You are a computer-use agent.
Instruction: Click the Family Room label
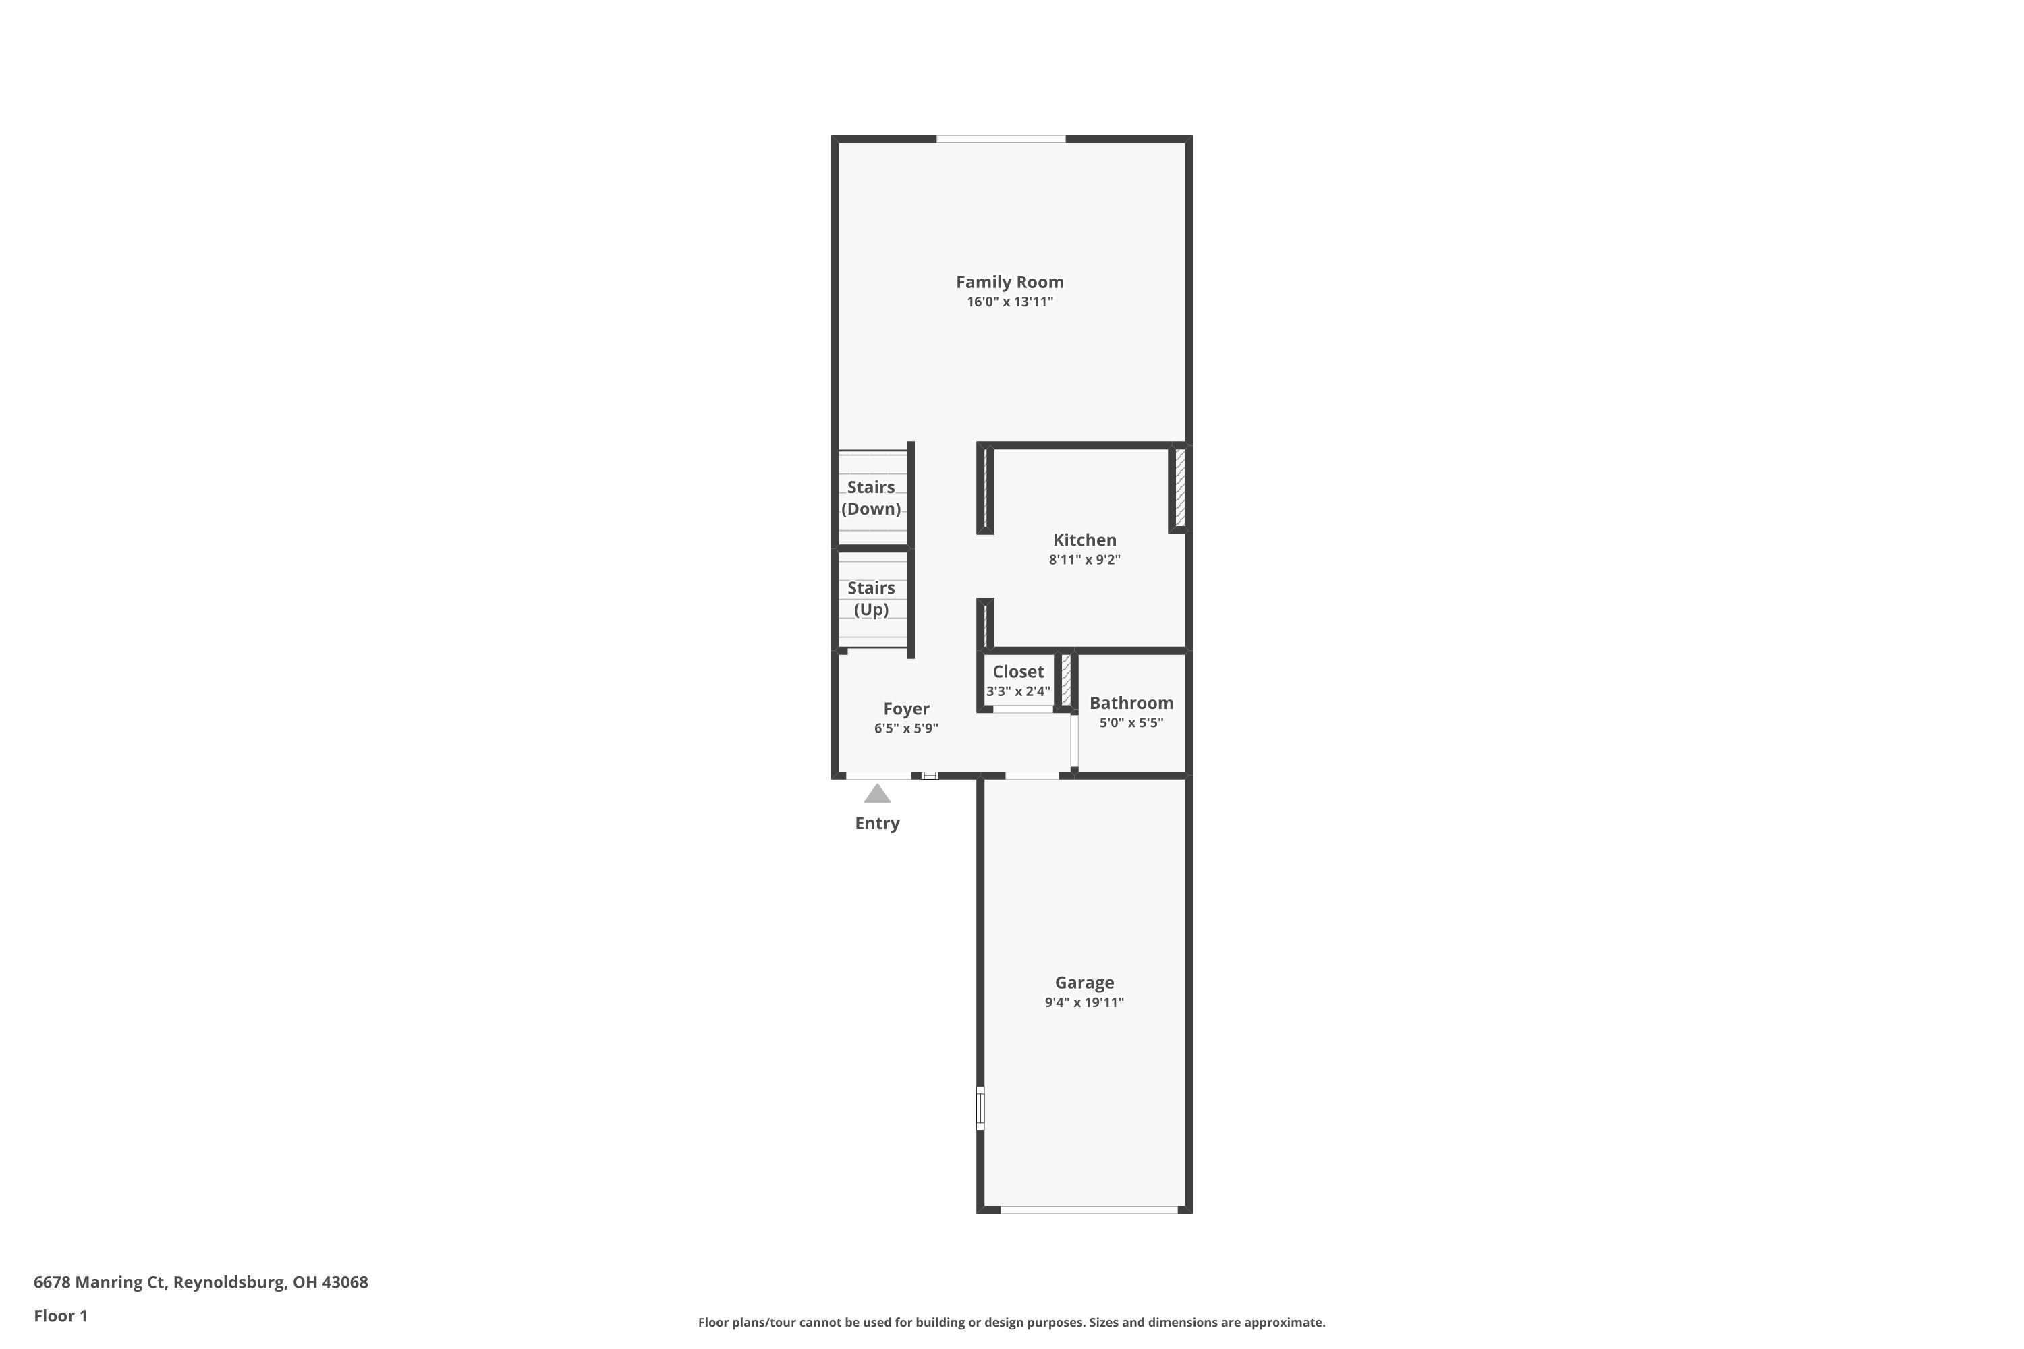click(x=1009, y=282)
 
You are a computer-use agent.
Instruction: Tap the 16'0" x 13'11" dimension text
click(x=1009, y=302)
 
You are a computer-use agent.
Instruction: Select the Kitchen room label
click(x=1084, y=540)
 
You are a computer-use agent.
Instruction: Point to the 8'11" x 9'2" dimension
click(x=1084, y=560)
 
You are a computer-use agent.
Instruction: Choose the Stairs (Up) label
click(x=871, y=599)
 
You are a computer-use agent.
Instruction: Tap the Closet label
click(x=1018, y=672)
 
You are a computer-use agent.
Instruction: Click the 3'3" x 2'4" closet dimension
click(x=1018, y=692)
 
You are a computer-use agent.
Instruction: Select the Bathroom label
click(x=1131, y=703)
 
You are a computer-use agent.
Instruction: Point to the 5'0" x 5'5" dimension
click(x=1131, y=722)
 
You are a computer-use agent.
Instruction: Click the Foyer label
click(x=906, y=709)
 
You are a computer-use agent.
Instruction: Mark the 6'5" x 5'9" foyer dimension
click(x=906, y=728)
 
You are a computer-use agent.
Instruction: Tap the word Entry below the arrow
click(x=877, y=824)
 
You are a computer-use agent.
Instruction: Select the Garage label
click(x=1084, y=983)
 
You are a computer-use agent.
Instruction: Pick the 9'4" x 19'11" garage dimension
click(x=1084, y=1002)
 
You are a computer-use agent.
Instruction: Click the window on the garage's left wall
click(x=980, y=1108)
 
